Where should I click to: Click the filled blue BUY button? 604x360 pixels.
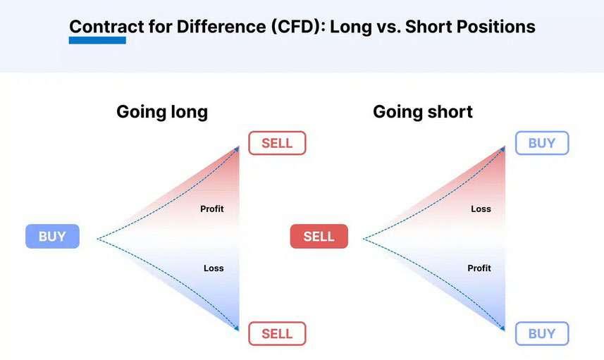click(52, 237)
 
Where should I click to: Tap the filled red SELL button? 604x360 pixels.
click(319, 237)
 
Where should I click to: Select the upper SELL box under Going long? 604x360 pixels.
click(278, 143)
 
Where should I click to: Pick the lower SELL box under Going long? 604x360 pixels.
click(278, 333)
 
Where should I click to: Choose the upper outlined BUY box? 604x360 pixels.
click(542, 143)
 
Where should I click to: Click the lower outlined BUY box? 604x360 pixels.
click(542, 333)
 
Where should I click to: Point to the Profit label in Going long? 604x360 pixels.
click(212, 209)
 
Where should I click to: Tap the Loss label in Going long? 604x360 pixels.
click(214, 268)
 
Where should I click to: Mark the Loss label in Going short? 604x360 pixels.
click(481, 209)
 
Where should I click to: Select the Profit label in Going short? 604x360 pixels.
click(479, 268)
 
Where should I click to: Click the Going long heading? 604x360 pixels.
click(162, 112)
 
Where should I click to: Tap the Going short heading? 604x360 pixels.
click(423, 112)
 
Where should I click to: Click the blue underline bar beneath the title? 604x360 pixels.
click(97, 40)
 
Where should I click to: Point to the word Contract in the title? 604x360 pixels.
click(106, 27)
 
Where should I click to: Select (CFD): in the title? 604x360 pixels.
click(298, 27)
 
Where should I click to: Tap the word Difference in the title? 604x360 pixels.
click(221, 27)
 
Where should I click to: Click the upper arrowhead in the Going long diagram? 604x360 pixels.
click(237, 149)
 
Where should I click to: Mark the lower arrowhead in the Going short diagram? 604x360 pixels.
click(503, 328)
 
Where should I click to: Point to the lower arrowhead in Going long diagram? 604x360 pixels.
click(237, 328)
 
